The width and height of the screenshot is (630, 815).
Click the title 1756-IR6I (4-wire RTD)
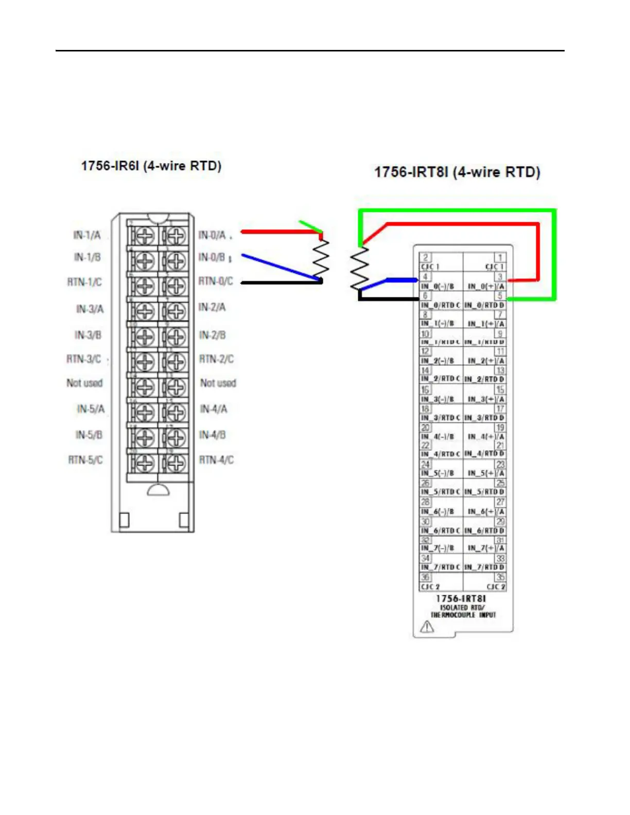[x=151, y=166]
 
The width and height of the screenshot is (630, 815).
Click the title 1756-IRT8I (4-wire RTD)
[x=457, y=172]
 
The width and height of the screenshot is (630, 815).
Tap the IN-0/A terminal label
[x=213, y=235]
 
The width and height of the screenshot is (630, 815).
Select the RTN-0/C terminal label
[x=216, y=281]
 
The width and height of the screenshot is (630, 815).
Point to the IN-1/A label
[x=87, y=235]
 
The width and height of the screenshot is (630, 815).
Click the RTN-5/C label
[x=85, y=459]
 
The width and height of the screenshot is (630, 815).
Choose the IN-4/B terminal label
[x=213, y=435]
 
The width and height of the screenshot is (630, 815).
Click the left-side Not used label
[x=84, y=383]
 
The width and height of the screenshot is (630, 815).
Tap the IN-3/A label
[x=90, y=309]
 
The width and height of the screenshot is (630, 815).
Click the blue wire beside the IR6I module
[x=278, y=267]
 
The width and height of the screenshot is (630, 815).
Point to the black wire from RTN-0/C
[x=281, y=282]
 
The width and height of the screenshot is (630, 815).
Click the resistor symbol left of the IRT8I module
[x=359, y=269]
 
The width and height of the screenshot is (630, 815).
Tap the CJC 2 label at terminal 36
[x=430, y=587]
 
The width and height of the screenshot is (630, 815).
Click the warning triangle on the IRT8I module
[x=427, y=627]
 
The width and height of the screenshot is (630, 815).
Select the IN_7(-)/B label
[x=437, y=548]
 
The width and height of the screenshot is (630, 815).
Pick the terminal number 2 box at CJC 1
[x=425, y=257]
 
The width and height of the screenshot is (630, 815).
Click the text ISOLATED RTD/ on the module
[x=462, y=607]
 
